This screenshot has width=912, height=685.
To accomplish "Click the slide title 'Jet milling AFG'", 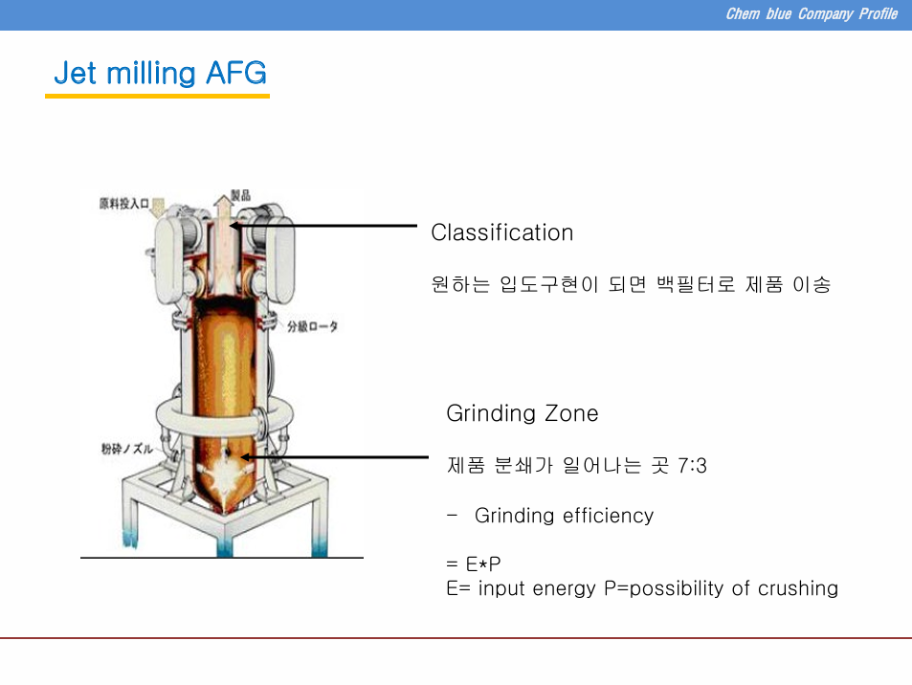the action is tap(160, 74).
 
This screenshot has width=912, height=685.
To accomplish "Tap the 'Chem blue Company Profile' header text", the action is tap(812, 14).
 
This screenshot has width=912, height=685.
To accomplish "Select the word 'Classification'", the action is tap(502, 232).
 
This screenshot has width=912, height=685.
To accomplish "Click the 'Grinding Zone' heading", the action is tap(522, 413).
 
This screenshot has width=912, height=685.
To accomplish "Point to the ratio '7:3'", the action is tap(692, 466).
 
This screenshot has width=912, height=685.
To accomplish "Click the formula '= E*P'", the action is tap(474, 563).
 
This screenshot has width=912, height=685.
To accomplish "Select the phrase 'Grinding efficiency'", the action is tap(564, 516).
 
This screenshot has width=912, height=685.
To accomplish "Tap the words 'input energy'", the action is tap(536, 588).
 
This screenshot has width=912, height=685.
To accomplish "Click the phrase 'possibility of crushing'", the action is tap(733, 588).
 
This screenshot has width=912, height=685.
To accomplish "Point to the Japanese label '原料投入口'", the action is tap(123, 204).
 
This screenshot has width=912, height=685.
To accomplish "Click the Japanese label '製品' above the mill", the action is tap(241, 195).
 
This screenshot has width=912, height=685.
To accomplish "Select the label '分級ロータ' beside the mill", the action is tap(312, 326).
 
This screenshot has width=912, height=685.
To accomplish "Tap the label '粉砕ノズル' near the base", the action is tap(126, 449).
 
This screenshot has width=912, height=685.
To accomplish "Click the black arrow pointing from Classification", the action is tap(323, 226).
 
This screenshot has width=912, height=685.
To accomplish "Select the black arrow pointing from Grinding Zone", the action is tap(334, 457).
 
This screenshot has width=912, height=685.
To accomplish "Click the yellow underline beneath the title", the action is tap(157, 96).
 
